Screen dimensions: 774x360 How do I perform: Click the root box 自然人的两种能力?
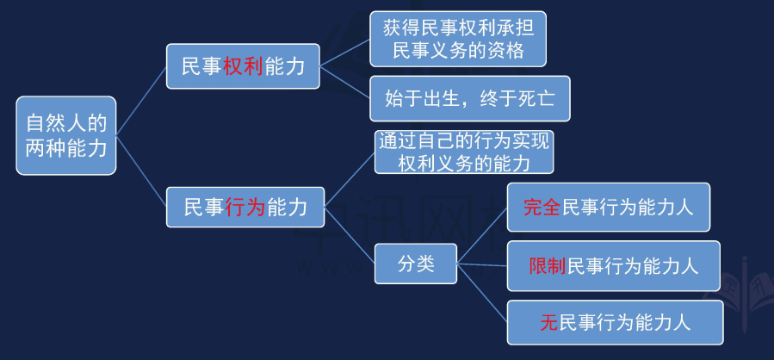click(66, 135)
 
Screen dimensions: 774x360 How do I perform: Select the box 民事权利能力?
click(243, 66)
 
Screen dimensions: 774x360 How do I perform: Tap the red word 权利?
click(243, 66)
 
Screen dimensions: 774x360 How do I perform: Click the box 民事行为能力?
click(245, 207)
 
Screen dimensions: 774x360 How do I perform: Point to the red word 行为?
click(245, 208)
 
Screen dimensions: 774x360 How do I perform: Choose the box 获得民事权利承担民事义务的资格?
click(458, 39)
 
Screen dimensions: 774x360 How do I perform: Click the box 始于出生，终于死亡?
click(470, 98)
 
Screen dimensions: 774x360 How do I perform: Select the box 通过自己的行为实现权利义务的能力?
click(464, 152)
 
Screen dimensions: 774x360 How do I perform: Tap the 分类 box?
click(416, 264)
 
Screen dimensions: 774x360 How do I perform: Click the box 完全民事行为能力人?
click(609, 207)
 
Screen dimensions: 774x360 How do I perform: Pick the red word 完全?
click(542, 208)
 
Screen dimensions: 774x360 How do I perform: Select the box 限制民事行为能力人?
click(614, 265)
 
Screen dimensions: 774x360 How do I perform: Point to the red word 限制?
click(548, 266)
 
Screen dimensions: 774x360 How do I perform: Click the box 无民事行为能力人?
click(615, 322)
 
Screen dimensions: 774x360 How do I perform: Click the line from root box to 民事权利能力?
click(141, 101)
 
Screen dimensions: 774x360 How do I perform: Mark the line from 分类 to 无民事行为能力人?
click(482, 293)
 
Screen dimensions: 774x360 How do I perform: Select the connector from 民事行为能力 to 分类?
click(350, 235)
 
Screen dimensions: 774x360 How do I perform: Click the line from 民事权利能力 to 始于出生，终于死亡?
click(345, 82)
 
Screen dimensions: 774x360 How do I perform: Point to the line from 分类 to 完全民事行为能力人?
click(482, 235)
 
